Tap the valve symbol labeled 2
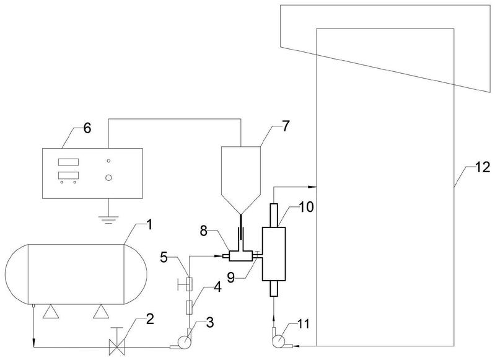116,346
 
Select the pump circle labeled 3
184,342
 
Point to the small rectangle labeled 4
190,307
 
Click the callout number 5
164,258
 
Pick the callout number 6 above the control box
87,128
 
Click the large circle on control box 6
108,178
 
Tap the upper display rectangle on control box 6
69,162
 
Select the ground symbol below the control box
108,219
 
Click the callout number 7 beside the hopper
285,126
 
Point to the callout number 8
204,232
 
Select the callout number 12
483,167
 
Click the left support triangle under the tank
51,312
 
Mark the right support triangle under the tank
101,312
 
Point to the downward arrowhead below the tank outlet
33,343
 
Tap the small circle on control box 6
108,160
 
